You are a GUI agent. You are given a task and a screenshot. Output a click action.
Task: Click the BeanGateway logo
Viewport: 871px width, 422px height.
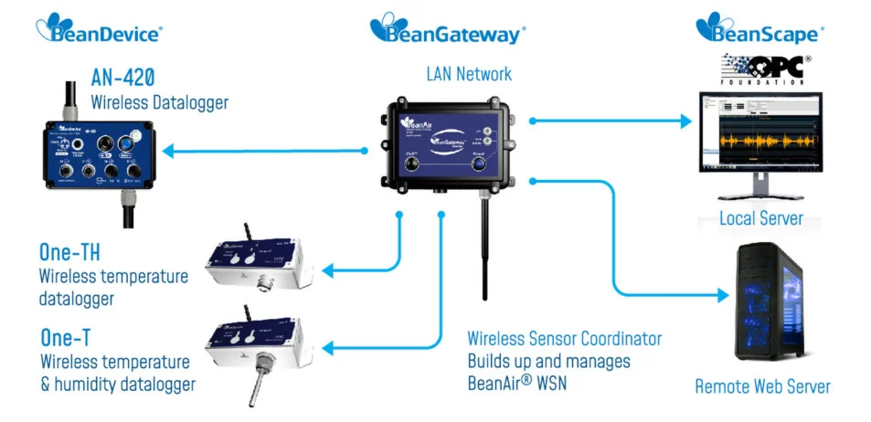tap(448, 29)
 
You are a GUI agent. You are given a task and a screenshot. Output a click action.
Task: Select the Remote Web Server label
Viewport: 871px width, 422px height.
tap(762, 386)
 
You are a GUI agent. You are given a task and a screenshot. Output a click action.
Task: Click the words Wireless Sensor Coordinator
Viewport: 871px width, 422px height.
tap(564, 339)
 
